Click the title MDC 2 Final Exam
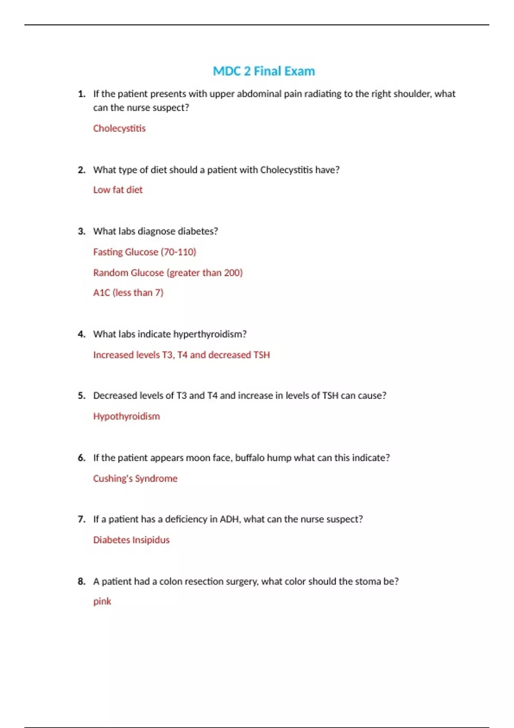pyautogui.click(x=264, y=71)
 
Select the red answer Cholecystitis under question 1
pyautogui.click(x=119, y=128)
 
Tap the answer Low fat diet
pyautogui.click(x=118, y=190)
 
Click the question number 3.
pyautogui.click(x=81, y=231)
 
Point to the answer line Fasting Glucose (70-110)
pyautogui.click(x=144, y=252)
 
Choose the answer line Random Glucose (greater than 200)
pyautogui.click(x=168, y=272)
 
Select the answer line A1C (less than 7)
pyautogui.click(x=128, y=292)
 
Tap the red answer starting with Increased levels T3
pyautogui.click(x=181, y=355)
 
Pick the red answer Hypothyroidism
pyautogui.click(x=126, y=416)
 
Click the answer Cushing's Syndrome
pyautogui.click(x=135, y=478)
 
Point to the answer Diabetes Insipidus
pyautogui.click(x=131, y=540)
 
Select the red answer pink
pyautogui.click(x=102, y=601)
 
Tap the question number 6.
pyautogui.click(x=81, y=458)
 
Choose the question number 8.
pyautogui.click(x=81, y=581)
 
